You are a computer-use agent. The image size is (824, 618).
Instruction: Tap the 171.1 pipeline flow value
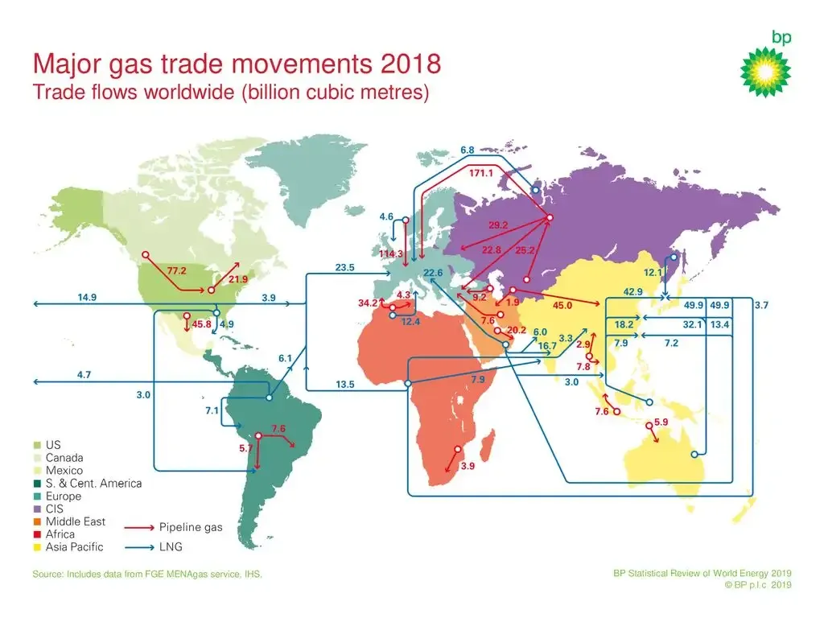[x=481, y=173]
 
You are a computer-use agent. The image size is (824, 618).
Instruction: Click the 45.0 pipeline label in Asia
[x=562, y=305]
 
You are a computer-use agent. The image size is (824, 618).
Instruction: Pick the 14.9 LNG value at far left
[x=87, y=298]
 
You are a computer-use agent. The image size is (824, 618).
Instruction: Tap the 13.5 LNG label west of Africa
[x=345, y=385]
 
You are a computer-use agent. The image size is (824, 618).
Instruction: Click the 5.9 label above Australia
[x=661, y=422]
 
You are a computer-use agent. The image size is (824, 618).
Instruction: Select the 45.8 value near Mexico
[x=201, y=324]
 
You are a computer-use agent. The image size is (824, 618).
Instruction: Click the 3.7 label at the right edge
[x=762, y=305]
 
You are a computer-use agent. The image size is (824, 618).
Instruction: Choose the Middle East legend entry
[x=76, y=521]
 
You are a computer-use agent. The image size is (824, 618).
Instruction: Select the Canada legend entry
[x=64, y=458]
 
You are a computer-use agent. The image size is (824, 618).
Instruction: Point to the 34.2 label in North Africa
[x=368, y=303]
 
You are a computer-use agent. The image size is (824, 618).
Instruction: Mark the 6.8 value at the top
[x=468, y=150]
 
